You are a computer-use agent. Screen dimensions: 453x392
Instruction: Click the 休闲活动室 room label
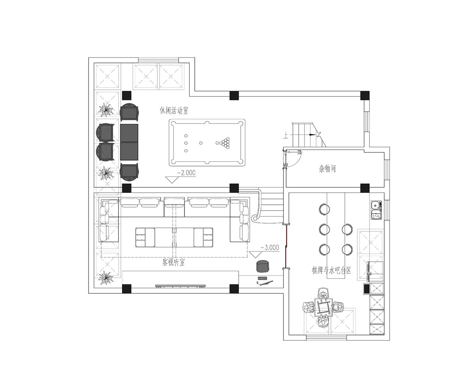(x=174, y=110)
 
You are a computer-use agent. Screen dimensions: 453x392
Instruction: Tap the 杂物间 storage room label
(x=327, y=169)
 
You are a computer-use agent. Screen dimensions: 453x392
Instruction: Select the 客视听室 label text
(x=174, y=262)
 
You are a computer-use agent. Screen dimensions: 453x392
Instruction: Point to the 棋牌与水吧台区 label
(x=331, y=271)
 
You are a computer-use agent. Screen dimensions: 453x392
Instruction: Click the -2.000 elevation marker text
(x=186, y=173)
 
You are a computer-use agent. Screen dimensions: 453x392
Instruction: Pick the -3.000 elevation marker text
(x=270, y=247)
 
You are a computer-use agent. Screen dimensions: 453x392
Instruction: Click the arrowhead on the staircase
(x=312, y=135)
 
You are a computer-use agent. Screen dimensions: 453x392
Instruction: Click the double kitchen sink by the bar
(x=376, y=210)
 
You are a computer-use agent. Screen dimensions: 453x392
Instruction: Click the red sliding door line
(x=286, y=246)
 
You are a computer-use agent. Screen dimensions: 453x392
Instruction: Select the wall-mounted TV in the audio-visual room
(x=181, y=286)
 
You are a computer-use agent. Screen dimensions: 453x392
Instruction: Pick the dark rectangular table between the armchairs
(x=129, y=142)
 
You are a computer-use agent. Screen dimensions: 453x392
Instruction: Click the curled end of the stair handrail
(x=255, y=218)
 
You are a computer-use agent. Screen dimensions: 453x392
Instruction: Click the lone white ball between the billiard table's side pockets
(x=201, y=143)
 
